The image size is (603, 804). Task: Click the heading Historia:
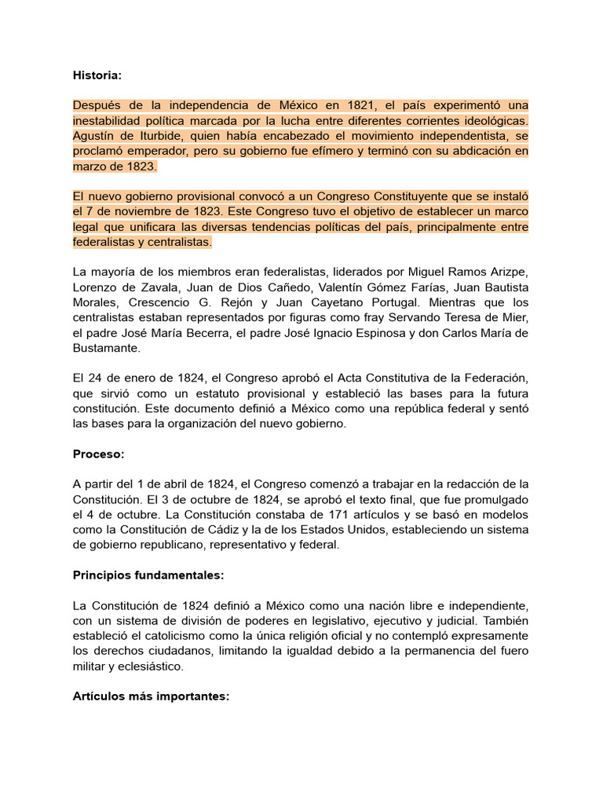coord(97,75)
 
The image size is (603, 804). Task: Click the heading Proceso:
coord(99,454)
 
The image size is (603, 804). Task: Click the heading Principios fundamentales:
coord(148,575)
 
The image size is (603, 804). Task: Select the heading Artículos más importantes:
coord(151,696)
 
